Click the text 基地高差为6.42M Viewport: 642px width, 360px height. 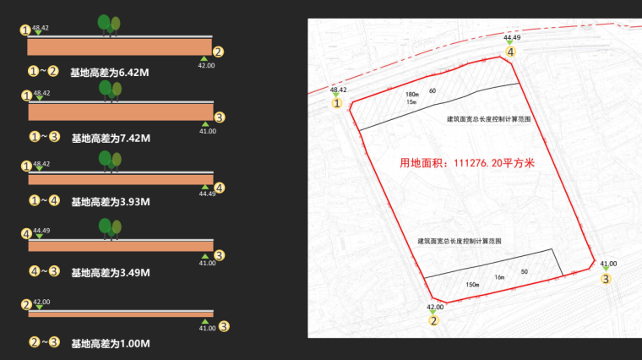110,72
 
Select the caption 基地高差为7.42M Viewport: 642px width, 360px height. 110,138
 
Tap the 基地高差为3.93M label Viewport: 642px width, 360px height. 110,202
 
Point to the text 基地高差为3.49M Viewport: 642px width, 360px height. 110,273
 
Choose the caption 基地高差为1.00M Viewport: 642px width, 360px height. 110,343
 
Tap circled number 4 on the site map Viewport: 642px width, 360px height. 511,52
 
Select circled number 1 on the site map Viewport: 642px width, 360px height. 338,104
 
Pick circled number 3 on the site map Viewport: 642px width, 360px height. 606,279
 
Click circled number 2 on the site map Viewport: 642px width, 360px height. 434,320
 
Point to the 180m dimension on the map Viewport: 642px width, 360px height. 412,94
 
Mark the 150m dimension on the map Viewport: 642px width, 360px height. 472,285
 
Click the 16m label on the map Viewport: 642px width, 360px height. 499,277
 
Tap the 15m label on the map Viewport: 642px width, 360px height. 411,102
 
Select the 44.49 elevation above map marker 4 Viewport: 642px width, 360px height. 512,37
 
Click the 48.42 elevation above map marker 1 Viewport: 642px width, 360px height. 338,89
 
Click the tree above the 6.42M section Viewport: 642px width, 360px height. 109,25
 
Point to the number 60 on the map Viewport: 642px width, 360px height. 433,90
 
